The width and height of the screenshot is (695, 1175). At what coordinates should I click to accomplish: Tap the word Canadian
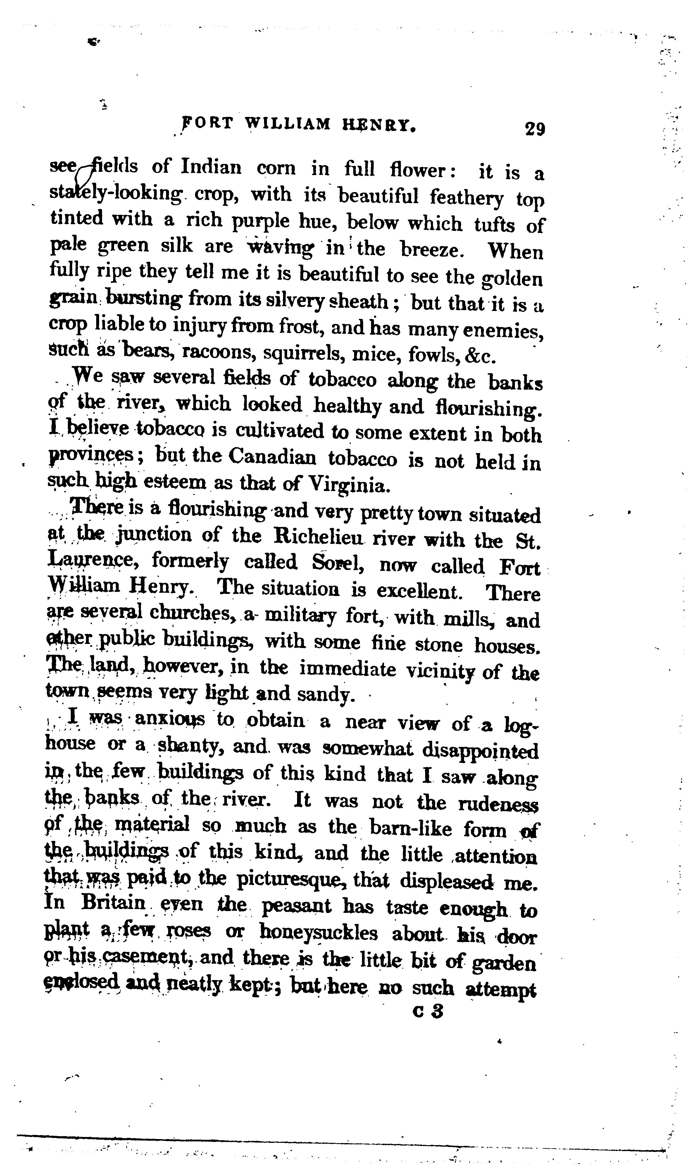(272, 457)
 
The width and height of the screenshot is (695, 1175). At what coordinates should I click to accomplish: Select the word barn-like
(411, 829)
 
